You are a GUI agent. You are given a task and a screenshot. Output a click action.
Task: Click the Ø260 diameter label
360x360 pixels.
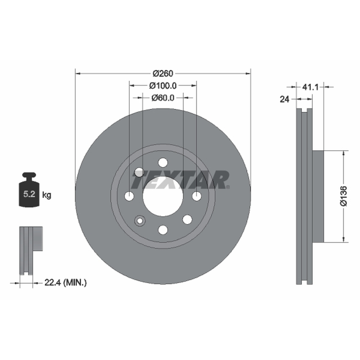(x=163, y=73)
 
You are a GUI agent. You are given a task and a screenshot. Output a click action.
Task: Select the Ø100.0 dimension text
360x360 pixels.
(x=163, y=85)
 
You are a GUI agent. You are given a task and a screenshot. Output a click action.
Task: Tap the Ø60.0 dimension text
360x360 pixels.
(x=163, y=98)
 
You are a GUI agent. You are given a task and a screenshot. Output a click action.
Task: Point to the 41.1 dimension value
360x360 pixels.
(x=310, y=87)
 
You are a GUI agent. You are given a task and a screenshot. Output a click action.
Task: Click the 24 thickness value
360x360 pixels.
(x=284, y=99)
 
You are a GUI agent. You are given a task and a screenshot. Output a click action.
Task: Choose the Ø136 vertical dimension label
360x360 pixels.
(x=344, y=196)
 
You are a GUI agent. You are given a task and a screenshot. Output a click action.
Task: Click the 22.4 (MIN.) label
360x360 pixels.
(x=65, y=283)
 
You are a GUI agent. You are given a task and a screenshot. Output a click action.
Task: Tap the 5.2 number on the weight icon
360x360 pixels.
(x=29, y=194)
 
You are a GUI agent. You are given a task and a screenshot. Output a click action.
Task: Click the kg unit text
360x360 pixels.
(x=47, y=195)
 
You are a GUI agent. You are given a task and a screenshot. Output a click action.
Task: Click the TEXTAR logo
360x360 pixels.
(x=181, y=180)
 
